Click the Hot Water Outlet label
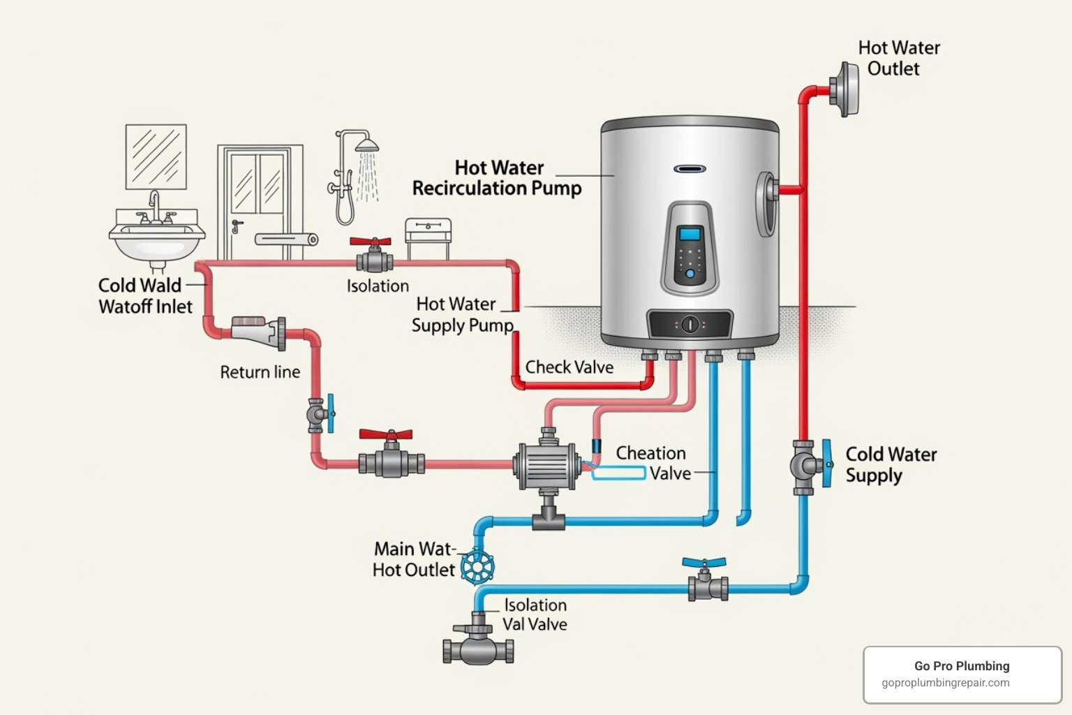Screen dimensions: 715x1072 (x=898, y=58)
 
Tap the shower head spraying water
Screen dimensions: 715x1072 (x=367, y=146)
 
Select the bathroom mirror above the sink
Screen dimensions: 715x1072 (x=156, y=156)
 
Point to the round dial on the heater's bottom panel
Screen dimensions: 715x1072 (x=690, y=324)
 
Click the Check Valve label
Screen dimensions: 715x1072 (x=569, y=367)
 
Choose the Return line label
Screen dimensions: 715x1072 (x=260, y=372)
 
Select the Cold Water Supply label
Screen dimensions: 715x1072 (x=891, y=464)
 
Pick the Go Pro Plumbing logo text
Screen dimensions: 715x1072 (x=962, y=666)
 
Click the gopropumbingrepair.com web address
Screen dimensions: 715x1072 (x=945, y=683)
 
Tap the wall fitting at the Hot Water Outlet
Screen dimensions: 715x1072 (x=845, y=89)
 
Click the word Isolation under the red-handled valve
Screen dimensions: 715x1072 (x=378, y=286)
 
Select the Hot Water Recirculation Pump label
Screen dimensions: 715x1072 (x=497, y=178)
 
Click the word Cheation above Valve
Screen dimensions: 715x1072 (x=650, y=453)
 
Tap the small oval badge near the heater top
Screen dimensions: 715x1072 (x=690, y=169)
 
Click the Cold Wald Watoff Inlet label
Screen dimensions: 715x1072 (x=144, y=296)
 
